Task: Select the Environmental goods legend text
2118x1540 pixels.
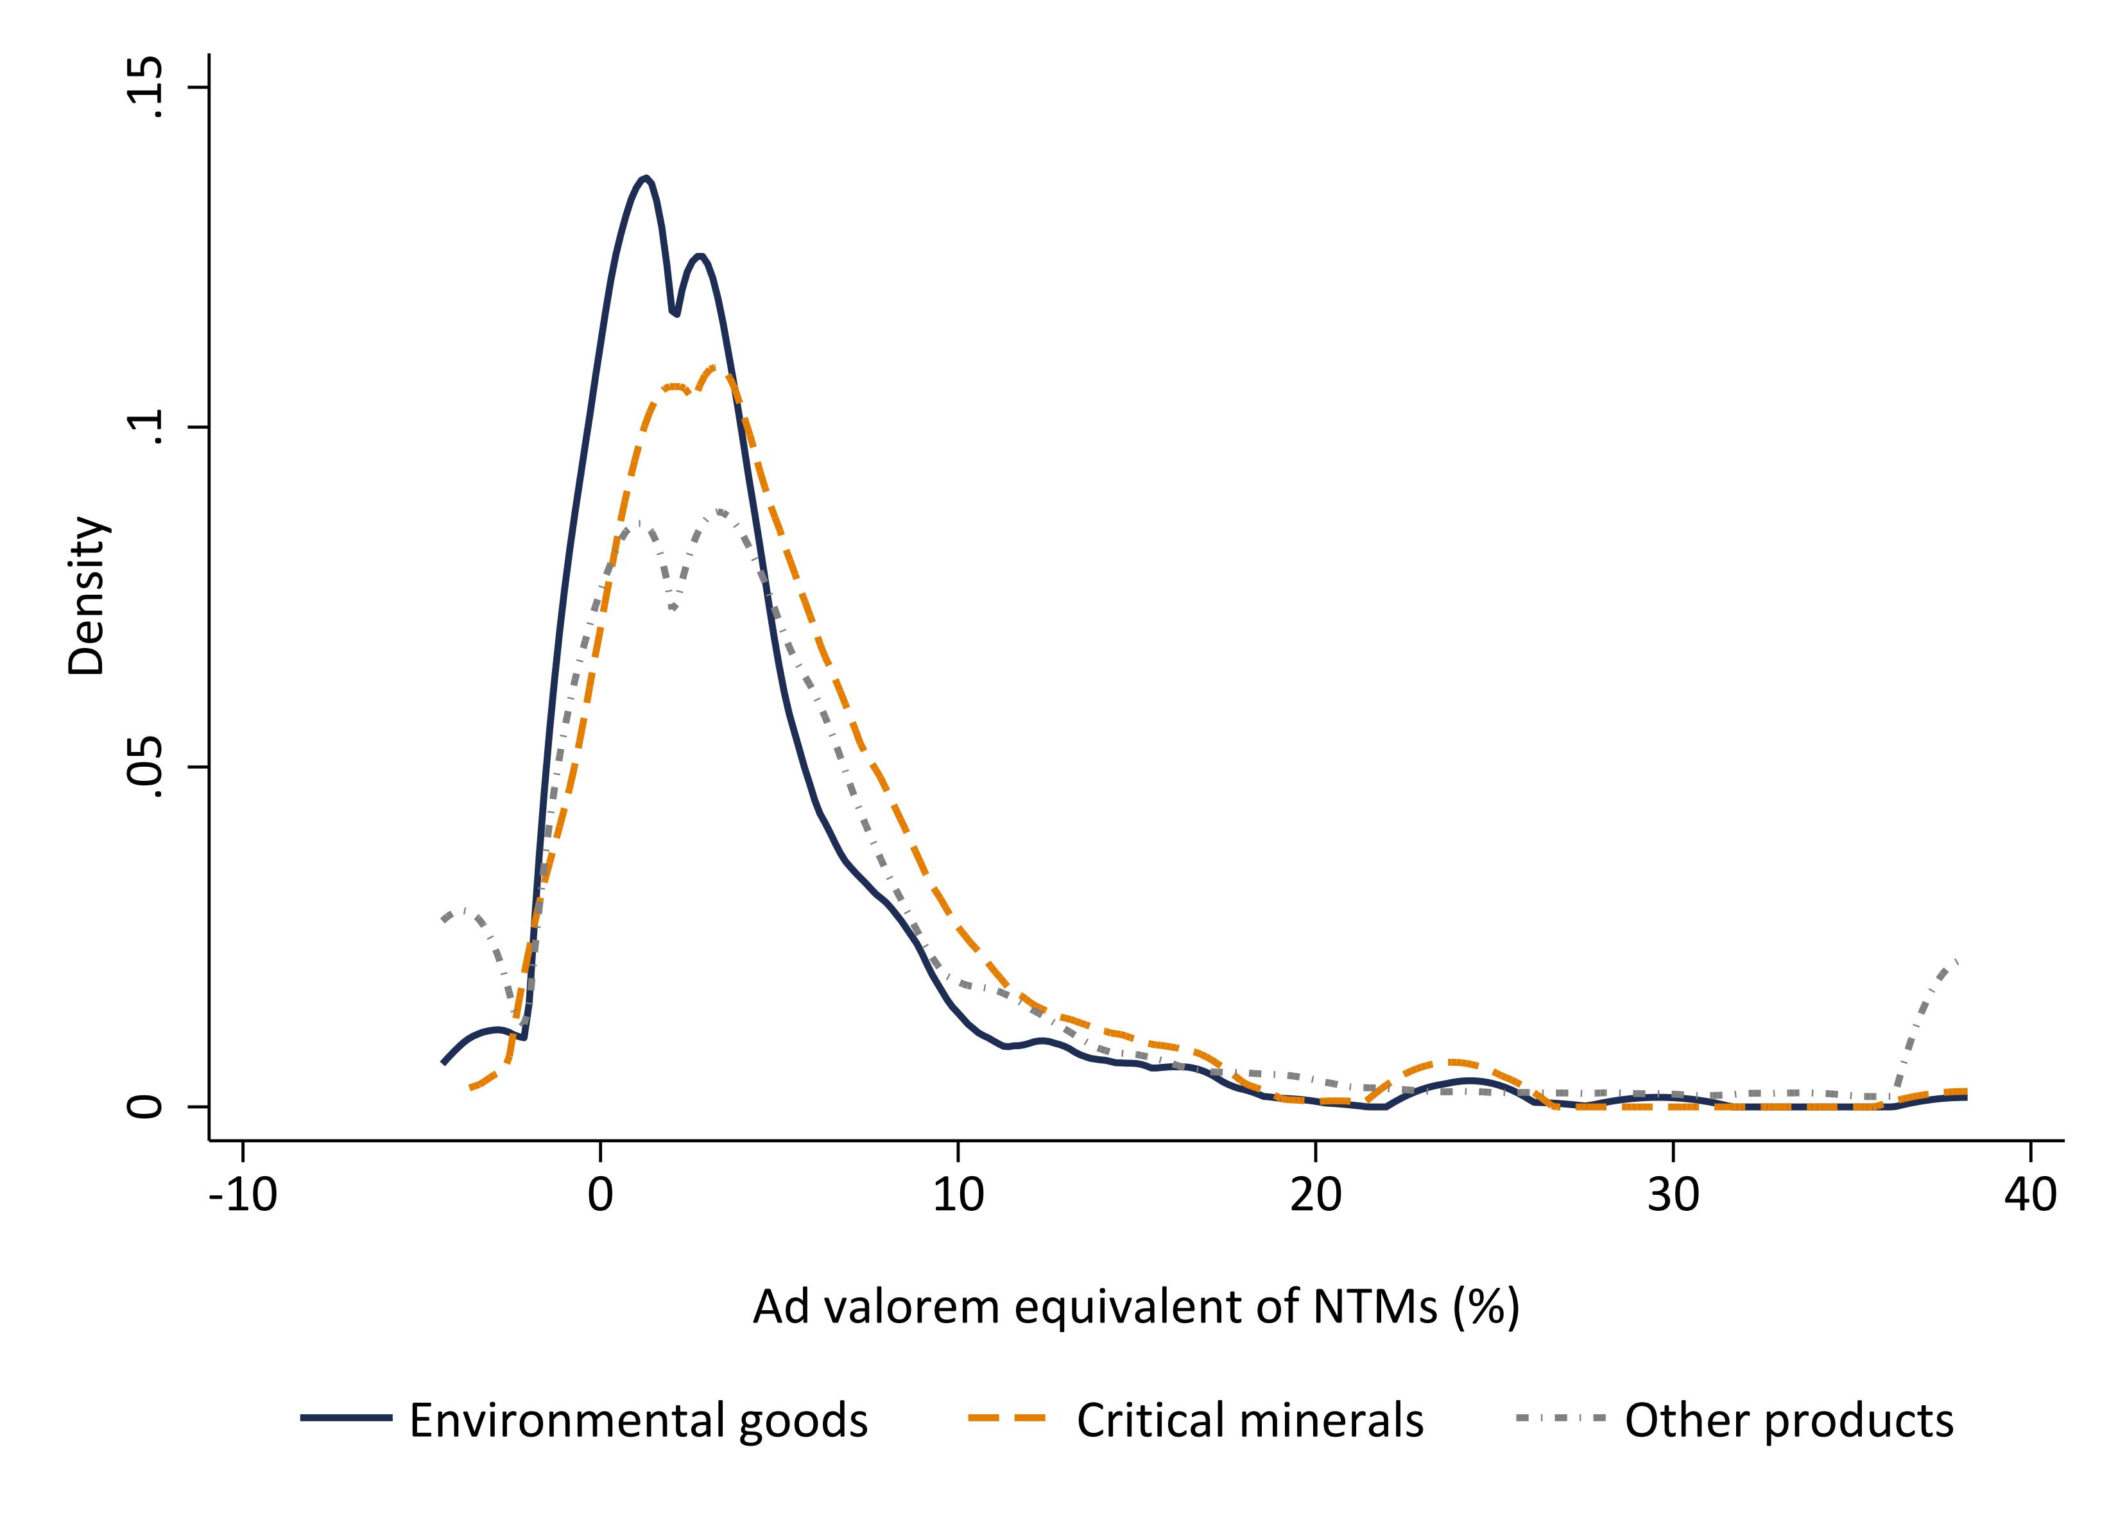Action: [x=639, y=1421]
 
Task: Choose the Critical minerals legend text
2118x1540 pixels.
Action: [x=1250, y=1421]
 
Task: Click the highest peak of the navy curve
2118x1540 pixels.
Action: [x=644, y=178]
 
